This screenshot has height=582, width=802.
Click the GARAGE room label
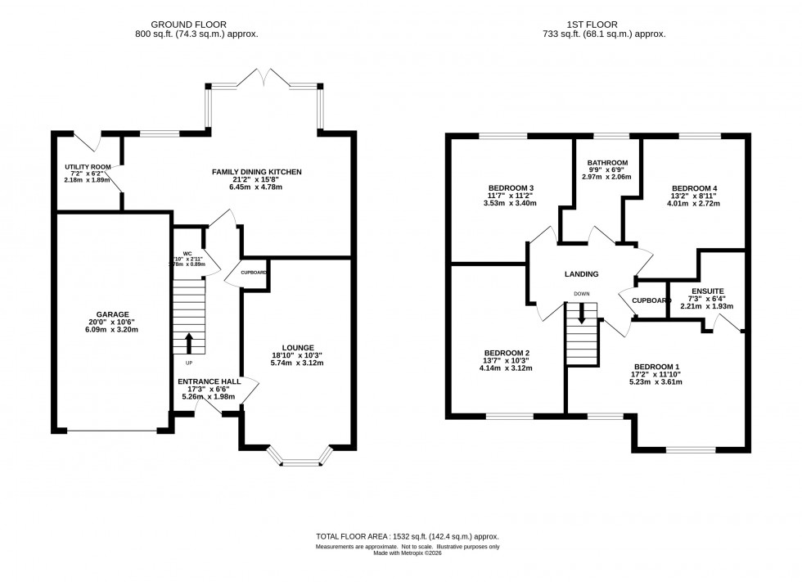[x=113, y=313]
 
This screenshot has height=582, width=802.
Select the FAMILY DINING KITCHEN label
[x=257, y=172]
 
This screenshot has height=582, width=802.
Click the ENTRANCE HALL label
[x=208, y=381]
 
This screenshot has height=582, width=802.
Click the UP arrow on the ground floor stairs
[x=189, y=341]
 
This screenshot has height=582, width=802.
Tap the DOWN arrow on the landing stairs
[x=582, y=312]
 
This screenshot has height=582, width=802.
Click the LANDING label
[x=581, y=274]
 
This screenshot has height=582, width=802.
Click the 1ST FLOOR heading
[x=603, y=25]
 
